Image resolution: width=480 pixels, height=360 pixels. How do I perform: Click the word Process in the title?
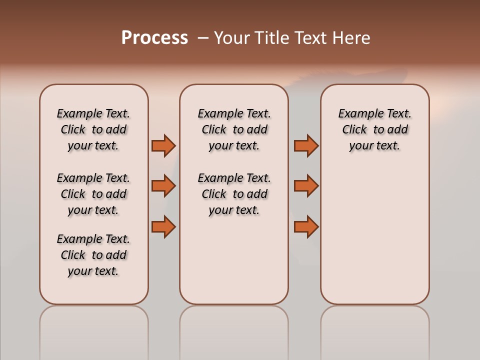154,38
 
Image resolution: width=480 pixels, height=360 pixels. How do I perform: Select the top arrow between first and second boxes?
163,145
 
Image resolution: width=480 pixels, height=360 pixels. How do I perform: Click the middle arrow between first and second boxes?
163,186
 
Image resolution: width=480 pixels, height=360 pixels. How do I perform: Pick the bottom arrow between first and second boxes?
163,226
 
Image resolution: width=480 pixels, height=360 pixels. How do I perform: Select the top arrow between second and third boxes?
306,145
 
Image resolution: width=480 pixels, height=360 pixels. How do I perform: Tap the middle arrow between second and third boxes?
306,186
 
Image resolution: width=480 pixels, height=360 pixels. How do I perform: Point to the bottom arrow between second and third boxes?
306,226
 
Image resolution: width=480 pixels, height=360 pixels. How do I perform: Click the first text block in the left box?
93,129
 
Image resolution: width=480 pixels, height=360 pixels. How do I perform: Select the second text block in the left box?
93,194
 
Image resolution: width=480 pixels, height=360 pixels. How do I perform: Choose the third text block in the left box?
93,255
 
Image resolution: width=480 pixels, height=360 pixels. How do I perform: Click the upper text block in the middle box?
234,129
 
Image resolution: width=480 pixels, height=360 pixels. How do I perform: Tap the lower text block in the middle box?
234,194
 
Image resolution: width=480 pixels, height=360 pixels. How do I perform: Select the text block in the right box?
374,129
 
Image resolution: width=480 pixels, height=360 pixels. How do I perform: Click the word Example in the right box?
357,114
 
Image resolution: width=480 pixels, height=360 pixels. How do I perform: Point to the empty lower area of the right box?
374,235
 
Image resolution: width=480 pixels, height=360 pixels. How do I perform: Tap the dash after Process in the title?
202,38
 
